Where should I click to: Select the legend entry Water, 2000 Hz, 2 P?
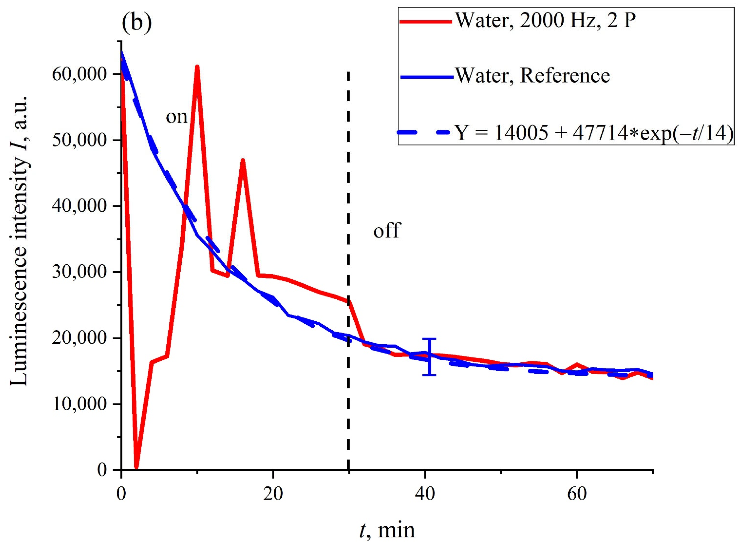[x=546, y=21]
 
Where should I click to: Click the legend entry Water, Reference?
[x=532, y=76]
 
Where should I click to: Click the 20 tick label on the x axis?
[x=273, y=494]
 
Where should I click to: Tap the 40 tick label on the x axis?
[x=425, y=494]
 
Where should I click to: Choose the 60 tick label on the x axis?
[x=577, y=494]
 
